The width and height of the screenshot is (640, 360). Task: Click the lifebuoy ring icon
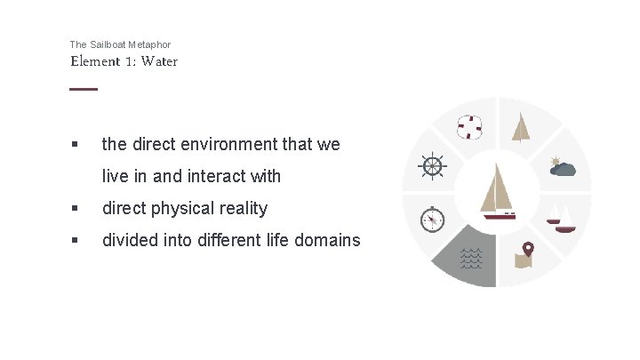(468, 128)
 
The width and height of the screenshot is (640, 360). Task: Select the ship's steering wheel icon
(432, 166)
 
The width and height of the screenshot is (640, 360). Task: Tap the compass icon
(432, 218)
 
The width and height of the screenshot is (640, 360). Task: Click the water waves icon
(471, 257)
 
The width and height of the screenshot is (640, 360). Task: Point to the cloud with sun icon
(562, 166)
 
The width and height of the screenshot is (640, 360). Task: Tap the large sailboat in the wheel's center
(498, 191)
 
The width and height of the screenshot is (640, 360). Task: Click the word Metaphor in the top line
(151, 44)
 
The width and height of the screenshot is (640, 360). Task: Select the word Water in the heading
(159, 61)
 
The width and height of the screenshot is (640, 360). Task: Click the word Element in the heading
(95, 61)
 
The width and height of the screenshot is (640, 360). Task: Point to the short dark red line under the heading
(84, 88)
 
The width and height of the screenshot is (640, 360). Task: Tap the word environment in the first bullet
(214, 144)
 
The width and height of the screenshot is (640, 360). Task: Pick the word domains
(329, 240)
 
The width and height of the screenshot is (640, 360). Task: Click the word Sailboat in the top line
(110, 44)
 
